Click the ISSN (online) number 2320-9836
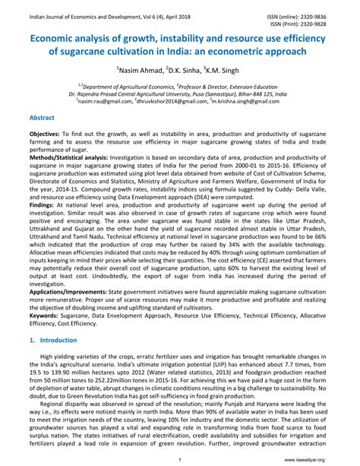[x=336, y=6]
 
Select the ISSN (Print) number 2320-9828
[x=336, y=14]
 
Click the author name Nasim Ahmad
[x=141, y=69]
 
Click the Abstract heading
[x=41, y=119]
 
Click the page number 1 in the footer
[x=180, y=458]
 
